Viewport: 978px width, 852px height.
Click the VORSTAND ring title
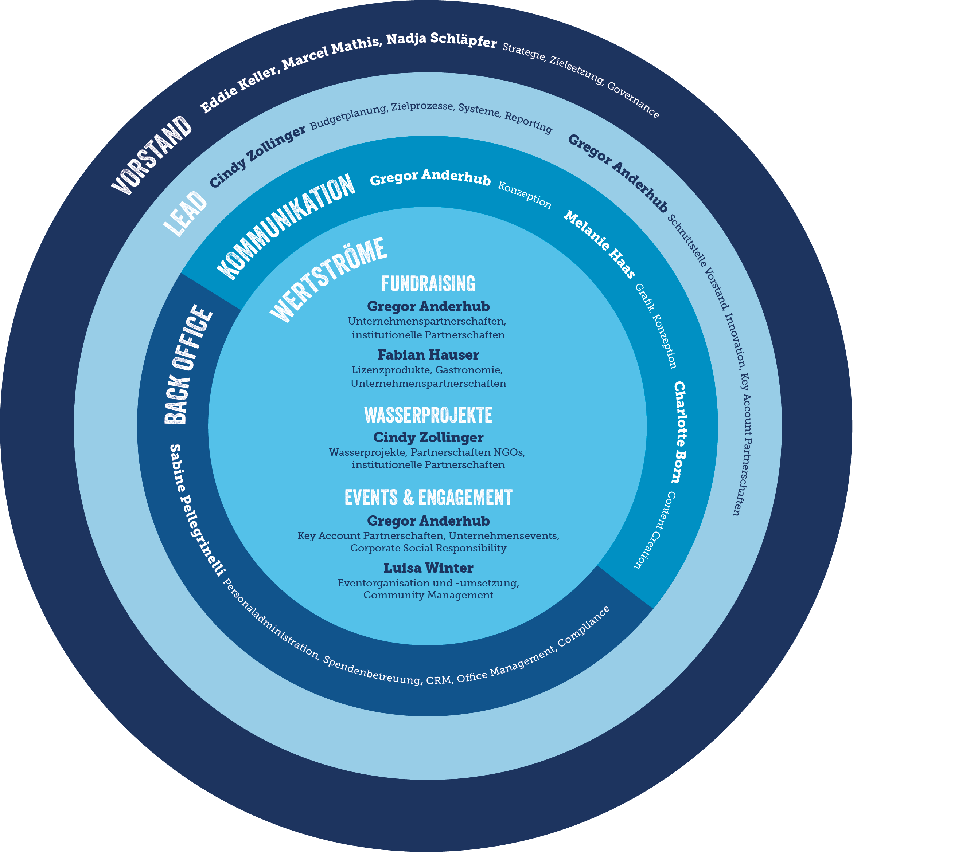pyautogui.click(x=151, y=155)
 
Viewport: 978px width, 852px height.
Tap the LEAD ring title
pyautogui.click(x=186, y=213)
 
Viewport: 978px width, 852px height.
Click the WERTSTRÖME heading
pyautogui.click(x=328, y=280)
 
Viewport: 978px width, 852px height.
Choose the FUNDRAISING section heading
pyautogui.click(x=428, y=284)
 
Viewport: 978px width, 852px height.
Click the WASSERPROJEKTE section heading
pyautogui.click(x=428, y=415)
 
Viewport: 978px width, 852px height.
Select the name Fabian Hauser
pyautogui.click(x=428, y=355)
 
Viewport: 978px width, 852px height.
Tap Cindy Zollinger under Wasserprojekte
pyautogui.click(x=428, y=437)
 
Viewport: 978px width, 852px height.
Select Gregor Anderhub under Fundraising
pyautogui.click(x=428, y=307)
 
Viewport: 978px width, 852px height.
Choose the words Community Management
pyautogui.click(x=428, y=595)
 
